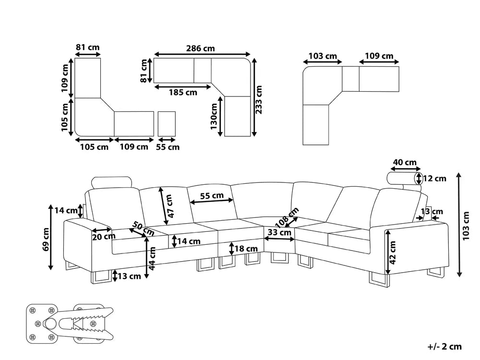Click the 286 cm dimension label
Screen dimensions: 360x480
201,48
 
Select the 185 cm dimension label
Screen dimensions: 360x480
182,93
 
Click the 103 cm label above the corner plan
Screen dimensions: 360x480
322,56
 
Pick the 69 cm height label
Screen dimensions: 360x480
46,239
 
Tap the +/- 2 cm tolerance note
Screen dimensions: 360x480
444,346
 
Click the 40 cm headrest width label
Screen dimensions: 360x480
405,163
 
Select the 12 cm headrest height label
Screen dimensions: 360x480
434,179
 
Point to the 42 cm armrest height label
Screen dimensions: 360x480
392,252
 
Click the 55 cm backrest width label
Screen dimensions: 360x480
212,195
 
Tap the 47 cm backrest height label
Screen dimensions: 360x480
169,206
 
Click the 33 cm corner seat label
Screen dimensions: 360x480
280,233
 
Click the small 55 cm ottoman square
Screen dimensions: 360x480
167,124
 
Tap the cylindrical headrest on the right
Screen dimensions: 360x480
402,179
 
